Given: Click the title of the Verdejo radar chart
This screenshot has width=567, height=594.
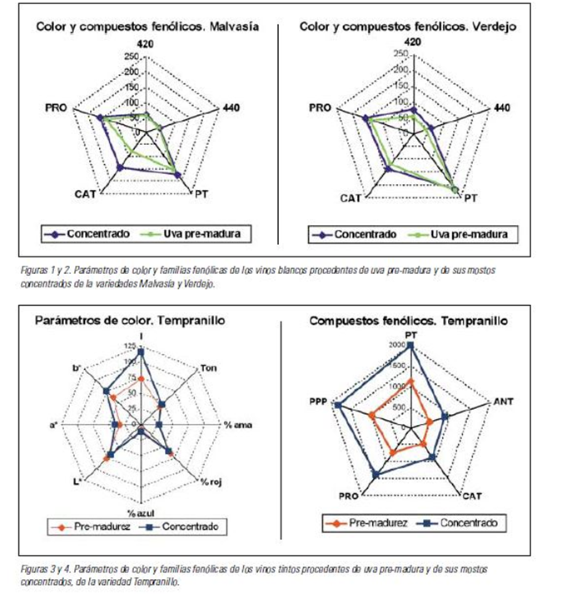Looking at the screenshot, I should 408,27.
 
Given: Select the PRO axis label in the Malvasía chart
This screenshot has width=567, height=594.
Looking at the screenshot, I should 58,107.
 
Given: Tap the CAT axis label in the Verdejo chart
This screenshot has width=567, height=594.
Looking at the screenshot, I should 351,198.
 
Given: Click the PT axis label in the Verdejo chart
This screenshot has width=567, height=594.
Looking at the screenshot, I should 470,198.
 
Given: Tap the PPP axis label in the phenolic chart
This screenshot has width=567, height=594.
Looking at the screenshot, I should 320,401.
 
